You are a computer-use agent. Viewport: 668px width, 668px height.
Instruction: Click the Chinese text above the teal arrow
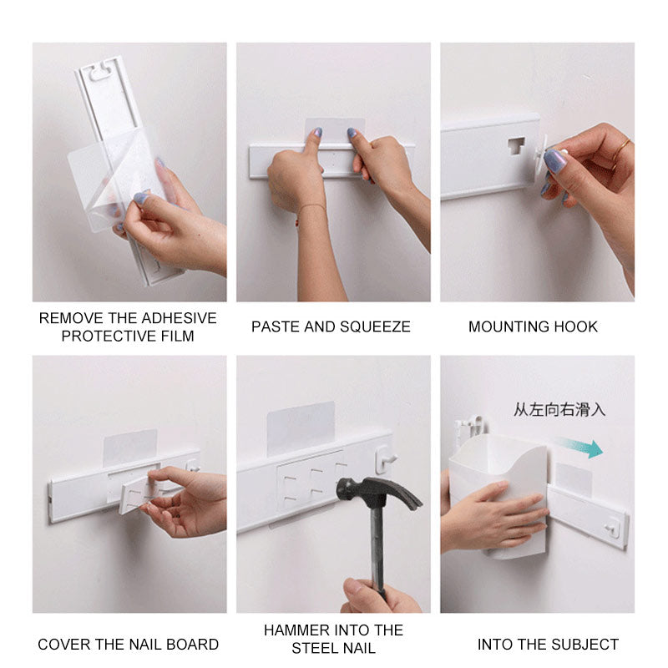coord(559,410)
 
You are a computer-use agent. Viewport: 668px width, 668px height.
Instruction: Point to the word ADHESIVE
coord(179,318)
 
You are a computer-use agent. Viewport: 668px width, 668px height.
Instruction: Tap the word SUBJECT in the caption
coord(585,645)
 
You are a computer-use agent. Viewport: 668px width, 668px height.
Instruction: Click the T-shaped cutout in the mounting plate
coord(516,145)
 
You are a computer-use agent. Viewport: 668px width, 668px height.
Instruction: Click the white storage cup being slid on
coord(497,496)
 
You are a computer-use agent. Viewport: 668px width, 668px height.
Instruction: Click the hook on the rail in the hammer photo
coord(385,459)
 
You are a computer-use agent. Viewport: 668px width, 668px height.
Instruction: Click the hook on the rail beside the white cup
coord(613,528)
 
